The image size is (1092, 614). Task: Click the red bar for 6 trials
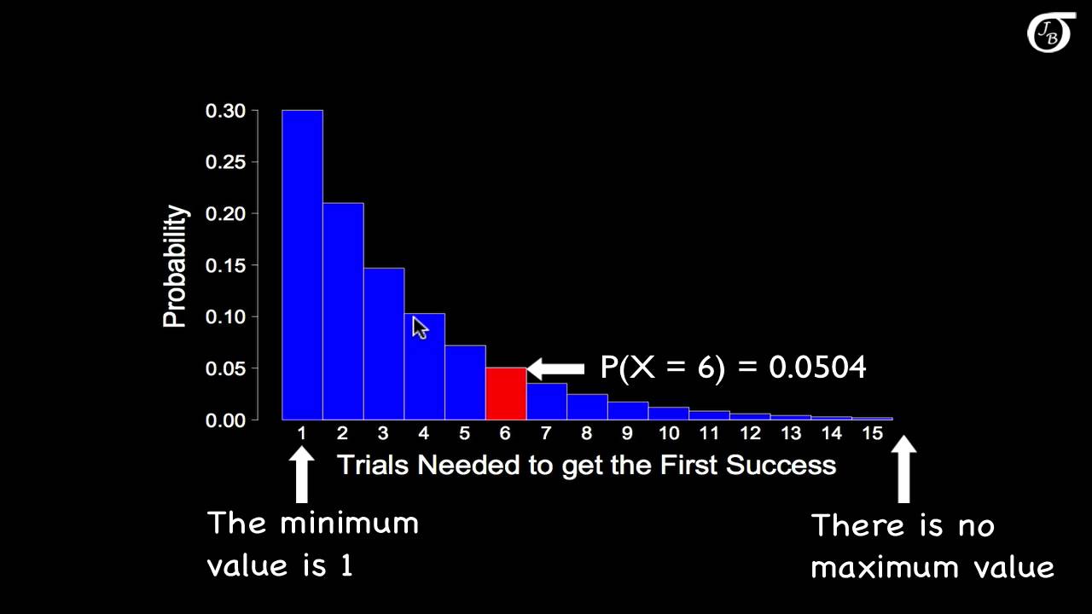(x=506, y=394)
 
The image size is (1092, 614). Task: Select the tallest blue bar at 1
(x=302, y=264)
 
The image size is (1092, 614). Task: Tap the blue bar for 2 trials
(x=343, y=311)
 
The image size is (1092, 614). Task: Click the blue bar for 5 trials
(x=465, y=383)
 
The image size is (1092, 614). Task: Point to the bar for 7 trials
(x=547, y=402)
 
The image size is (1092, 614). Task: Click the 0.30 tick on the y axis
(x=225, y=111)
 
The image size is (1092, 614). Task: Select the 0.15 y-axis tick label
(x=225, y=265)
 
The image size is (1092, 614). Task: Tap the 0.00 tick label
(x=225, y=420)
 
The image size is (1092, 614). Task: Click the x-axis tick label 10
(x=668, y=433)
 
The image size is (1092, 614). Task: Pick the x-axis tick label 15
(x=872, y=433)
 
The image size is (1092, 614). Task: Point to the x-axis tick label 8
(x=587, y=433)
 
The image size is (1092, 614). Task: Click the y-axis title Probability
(x=175, y=266)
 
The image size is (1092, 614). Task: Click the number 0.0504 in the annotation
(x=817, y=368)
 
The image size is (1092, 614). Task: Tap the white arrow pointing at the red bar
(x=555, y=368)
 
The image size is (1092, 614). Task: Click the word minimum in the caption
(x=349, y=522)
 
